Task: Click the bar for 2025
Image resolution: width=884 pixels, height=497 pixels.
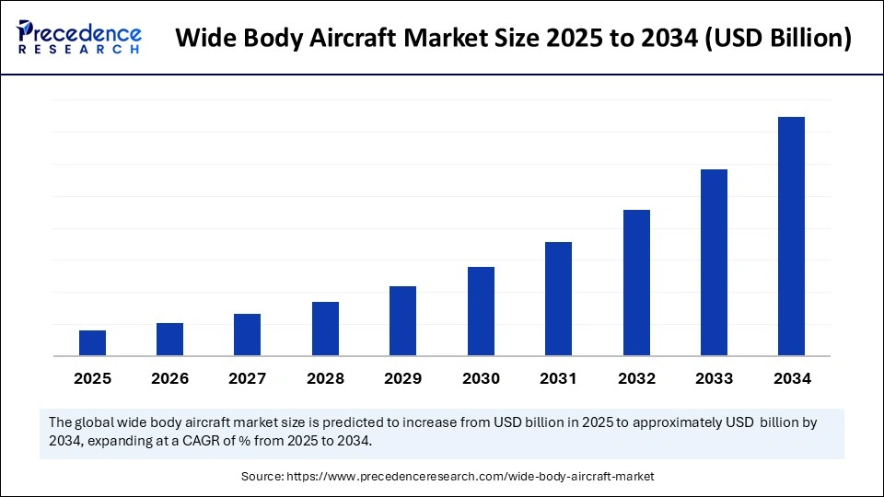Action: (x=92, y=343)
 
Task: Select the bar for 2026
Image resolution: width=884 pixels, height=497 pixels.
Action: (x=170, y=340)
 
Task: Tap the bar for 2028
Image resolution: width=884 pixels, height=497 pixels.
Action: (x=325, y=329)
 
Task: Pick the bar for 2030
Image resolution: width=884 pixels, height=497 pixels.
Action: (x=481, y=311)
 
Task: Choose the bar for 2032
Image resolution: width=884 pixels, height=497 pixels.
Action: (x=636, y=283)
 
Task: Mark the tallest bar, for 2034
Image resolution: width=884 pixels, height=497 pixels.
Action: (x=791, y=237)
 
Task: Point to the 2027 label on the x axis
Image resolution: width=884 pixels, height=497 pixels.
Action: (x=248, y=378)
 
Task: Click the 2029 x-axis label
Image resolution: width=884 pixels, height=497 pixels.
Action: (x=403, y=378)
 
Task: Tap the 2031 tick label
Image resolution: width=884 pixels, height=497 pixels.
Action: (x=558, y=378)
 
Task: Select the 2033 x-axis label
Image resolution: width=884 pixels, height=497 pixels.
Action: (x=714, y=378)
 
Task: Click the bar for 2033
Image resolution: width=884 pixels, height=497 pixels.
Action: (x=714, y=262)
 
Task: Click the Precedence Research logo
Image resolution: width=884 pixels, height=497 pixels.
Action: (x=79, y=38)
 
